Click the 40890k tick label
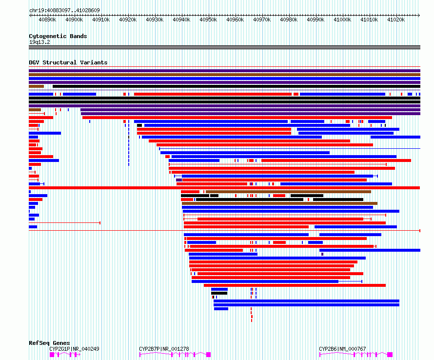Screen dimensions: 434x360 tap(47, 20)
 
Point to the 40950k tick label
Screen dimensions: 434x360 tap(208, 20)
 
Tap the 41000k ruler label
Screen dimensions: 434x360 tap(342, 20)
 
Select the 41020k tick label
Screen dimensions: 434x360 tap(396, 20)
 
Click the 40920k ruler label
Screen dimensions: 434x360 tap(128, 20)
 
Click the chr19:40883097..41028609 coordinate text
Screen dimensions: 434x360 tap(64, 11)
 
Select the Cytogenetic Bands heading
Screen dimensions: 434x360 tap(58, 36)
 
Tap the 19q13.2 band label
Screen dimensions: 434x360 tap(39, 42)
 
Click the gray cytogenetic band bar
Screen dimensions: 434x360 tap(224, 47)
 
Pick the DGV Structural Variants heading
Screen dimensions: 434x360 tap(68, 62)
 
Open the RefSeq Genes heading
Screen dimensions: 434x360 tap(49, 343)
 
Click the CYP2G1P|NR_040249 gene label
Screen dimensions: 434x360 tap(74, 349)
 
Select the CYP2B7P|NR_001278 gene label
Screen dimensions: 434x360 tap(164, 349)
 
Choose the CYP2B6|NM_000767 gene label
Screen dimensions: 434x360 tap(342, 349)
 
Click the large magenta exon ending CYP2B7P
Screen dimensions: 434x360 tap(209, 355)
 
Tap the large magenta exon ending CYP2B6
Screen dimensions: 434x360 tap(390, 355)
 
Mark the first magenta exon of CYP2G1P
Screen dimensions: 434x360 tap(52, 355)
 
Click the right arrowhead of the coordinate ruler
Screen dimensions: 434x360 tap(419, 15)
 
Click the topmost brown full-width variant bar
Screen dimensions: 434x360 tap(224, 75)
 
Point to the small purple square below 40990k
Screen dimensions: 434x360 tap(322, 254)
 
